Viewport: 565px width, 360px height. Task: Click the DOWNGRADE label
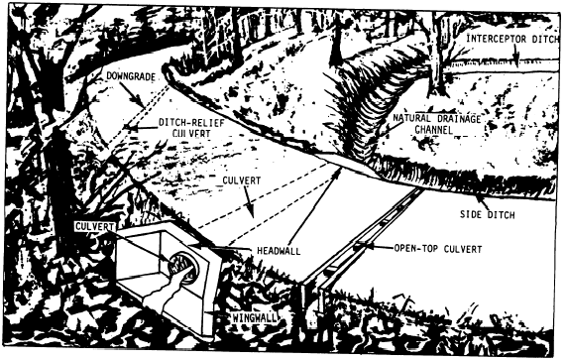point(131,76)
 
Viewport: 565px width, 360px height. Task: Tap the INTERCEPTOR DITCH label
point(512,39)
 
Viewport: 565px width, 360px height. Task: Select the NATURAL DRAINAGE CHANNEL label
point(436,124)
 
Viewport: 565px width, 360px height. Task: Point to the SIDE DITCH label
point(487,215)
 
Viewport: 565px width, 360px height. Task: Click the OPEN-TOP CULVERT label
point(438,249)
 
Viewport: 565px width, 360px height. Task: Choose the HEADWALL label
point(279,251)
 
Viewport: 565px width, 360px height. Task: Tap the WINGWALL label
point(255,317)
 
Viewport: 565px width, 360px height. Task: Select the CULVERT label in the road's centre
point(241,180)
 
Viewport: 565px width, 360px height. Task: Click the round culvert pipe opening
point(183,268)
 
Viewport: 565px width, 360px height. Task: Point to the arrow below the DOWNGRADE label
point(132,95)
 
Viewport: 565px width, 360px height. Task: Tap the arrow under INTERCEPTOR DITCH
point(516,55)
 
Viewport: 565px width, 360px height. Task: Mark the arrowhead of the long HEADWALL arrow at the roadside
point(338,172)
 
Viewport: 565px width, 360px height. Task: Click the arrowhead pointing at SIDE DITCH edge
point(479,197)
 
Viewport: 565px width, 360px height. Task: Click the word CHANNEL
point(433,129)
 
